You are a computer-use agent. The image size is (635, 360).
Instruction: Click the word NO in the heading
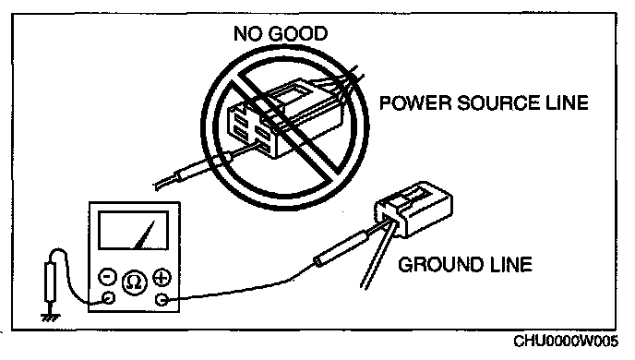247,33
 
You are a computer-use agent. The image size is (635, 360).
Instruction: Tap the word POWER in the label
415,102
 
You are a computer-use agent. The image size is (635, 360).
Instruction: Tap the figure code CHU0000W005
566,341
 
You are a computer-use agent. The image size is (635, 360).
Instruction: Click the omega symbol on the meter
135,282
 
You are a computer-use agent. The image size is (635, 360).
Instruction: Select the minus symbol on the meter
108,277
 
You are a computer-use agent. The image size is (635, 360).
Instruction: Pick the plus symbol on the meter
162,278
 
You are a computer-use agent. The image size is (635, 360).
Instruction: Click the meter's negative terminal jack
108,298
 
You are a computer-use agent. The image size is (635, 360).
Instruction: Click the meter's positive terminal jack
162,300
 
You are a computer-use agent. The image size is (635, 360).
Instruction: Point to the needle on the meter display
144,234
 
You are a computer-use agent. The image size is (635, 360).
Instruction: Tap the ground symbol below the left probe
50,317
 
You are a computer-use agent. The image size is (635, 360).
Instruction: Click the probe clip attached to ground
50,282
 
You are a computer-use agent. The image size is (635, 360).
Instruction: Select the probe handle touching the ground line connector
341,248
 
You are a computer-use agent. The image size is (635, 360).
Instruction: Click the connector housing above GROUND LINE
413,209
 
